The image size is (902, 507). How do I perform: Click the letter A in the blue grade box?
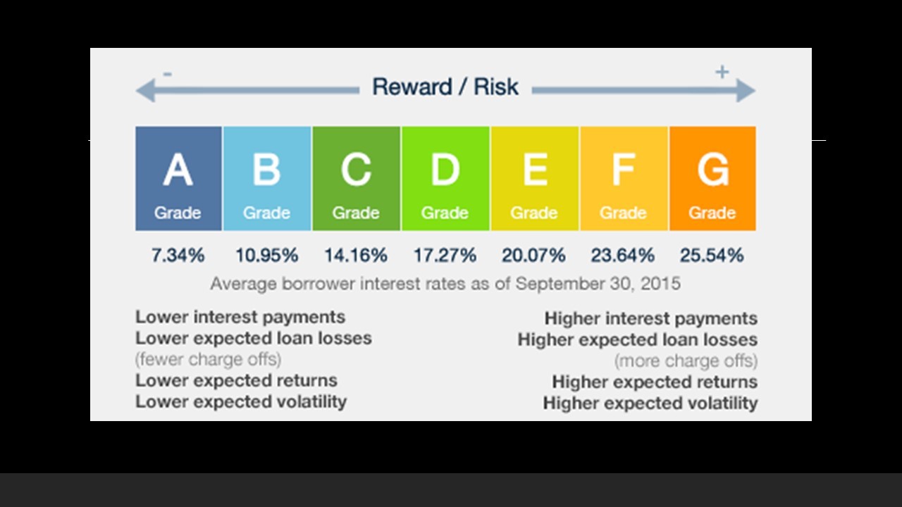(x=178, y=170)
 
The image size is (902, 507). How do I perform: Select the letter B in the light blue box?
(x=266, y=170)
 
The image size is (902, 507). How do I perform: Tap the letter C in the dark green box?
(x=356, y=170)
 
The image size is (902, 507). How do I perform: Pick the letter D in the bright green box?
(x=445, y=170)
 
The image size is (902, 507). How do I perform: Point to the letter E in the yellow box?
(x=535, y=170)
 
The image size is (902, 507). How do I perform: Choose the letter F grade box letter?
(x=624, y=170)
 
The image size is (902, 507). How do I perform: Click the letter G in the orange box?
(x=713, y=170)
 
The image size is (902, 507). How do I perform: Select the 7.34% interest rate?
(x=178, y=255)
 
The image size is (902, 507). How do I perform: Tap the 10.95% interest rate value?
(x=266, y=255)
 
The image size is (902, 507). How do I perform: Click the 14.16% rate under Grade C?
(x=356, y=255)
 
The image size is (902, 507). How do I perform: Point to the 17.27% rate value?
(x=445, y=255)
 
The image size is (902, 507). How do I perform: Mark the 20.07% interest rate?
(x=533, y=255)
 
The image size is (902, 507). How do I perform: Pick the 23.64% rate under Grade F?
(x=622, y=255)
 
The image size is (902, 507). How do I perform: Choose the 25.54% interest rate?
(x=712, y=255)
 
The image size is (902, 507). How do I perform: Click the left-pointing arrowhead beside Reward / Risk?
(x=146, y=91)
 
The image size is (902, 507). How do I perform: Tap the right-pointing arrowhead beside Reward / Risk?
(x=746, y=91)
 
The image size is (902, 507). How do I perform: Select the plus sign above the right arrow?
(x=722, y=72)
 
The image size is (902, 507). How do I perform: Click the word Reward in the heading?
(x=412, y=87)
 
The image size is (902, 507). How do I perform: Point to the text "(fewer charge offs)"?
(x=208, y=359)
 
